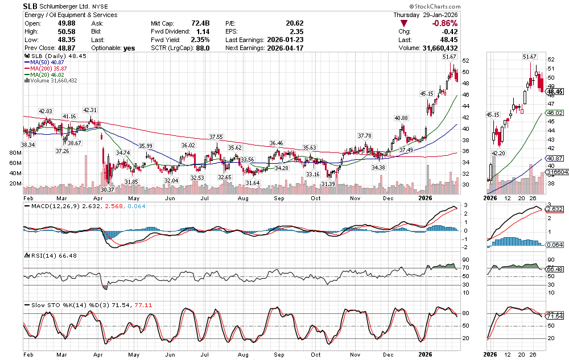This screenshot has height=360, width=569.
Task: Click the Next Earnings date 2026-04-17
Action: (x=288, y=48)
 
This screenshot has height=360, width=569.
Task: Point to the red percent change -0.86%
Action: (x=446, y=23)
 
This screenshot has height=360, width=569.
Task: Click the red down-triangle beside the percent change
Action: (x=404, y=23)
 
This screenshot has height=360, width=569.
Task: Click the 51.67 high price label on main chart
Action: (x=450, y=57)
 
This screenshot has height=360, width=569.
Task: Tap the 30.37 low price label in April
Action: (x=108, y=189)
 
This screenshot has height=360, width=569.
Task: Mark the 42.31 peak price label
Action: (x=90, y=110)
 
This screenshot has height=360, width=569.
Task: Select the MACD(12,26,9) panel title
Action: (x=50, y=206)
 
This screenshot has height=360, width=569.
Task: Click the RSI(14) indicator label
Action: (x=39, y=256)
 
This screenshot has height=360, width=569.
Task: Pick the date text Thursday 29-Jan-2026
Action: (x=426, y=14)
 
